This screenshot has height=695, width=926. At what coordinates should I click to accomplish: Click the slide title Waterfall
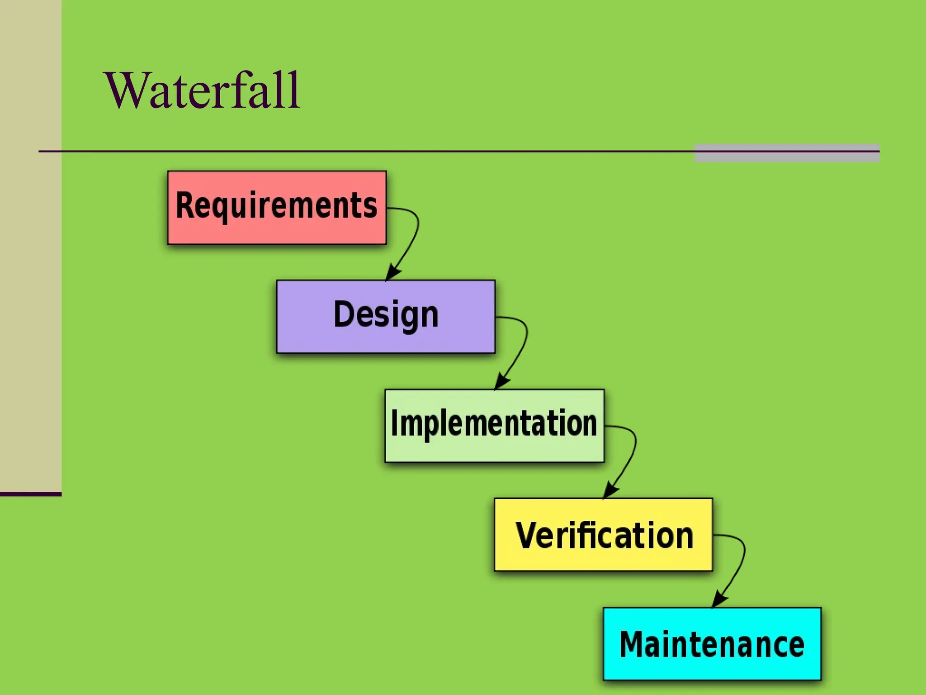pos(203,90)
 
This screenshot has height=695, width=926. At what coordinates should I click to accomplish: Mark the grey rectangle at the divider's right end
pos(787,153)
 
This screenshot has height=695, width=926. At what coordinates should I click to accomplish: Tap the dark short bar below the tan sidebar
pos(30,494)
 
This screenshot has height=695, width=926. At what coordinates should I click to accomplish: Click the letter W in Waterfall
pos(127,90)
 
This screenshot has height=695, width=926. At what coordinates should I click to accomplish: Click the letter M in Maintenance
pos(632,644)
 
